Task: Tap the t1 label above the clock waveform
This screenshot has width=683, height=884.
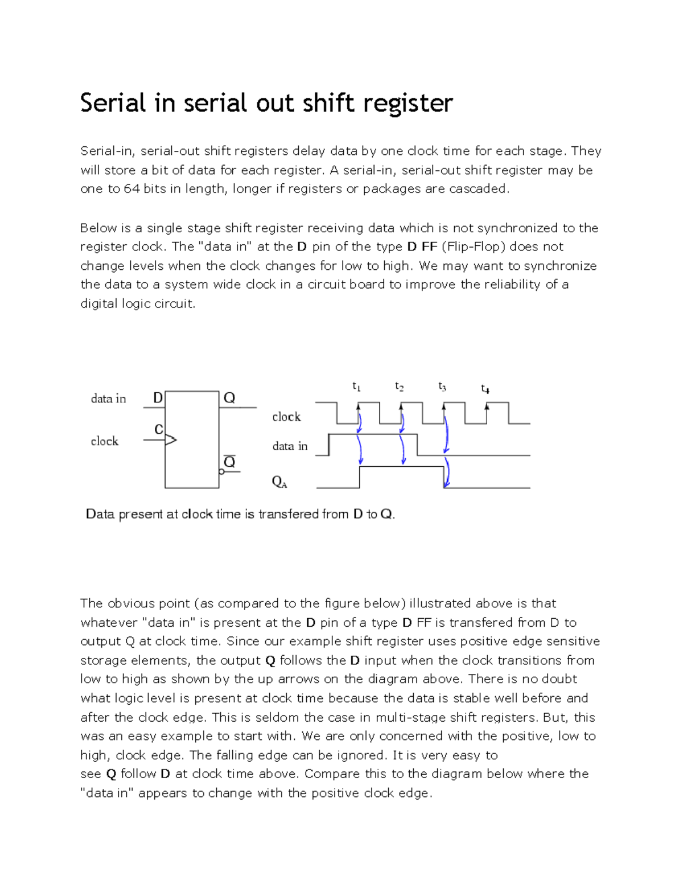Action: (356, 387)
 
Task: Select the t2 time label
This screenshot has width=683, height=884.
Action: (400, 387)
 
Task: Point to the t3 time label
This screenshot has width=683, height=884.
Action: (442, 387)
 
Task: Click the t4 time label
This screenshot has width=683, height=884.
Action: (485, 389)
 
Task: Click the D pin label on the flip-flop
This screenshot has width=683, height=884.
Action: (158, 398)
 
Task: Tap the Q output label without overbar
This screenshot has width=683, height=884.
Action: (229, 398)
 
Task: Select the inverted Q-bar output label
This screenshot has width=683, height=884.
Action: (229, 462)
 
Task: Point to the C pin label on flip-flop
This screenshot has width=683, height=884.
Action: (159, 429)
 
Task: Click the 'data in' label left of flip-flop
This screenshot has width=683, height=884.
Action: (108, 398)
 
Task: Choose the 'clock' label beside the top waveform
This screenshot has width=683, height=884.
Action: (286, 417)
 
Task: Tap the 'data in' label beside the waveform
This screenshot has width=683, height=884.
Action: (290, 446)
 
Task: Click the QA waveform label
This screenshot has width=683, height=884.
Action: (279, 482)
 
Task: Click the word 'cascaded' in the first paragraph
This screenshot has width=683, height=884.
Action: (479, 189)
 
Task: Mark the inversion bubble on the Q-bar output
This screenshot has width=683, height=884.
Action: (221, 471)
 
